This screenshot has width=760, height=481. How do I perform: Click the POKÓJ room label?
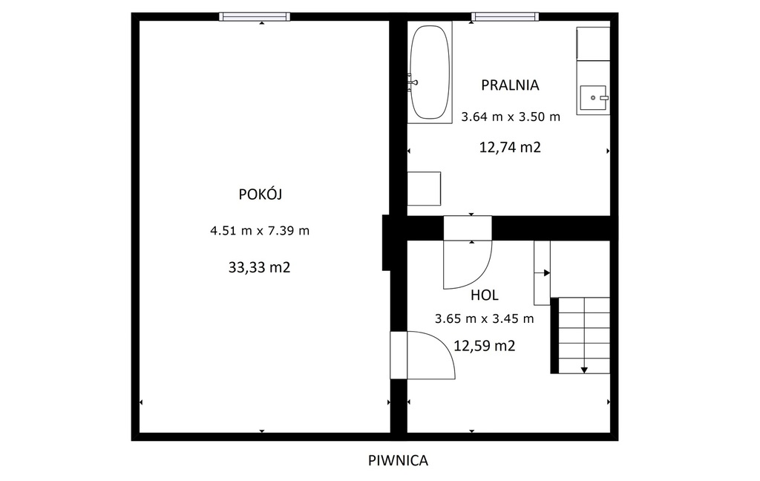click(x=261, y=194)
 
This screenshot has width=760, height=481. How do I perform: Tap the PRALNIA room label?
click(x=510, y=85)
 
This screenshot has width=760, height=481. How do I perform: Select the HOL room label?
click(x=484, y=295)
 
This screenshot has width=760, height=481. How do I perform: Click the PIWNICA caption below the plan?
click(x=398, y=460)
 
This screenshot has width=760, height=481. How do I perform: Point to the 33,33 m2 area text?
click(x=259, y=267)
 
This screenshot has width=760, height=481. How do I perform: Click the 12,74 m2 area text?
click(x=510, y=147)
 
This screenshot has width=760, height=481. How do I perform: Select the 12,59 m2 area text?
click(x=484, y=346)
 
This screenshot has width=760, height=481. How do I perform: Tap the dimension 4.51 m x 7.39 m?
click(x=259, y=230)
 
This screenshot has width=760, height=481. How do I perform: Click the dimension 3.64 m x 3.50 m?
click(x=511, y=117)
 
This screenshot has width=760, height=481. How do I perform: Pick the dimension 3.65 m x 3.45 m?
click(x=484, y=318)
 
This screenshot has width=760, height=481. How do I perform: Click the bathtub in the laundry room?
click(x=430, y=72)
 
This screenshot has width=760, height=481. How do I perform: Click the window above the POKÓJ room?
click(x=255, y=16)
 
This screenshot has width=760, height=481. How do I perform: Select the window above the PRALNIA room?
click(x=505, y=16)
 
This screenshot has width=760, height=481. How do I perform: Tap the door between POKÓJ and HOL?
click(x=422, y=355)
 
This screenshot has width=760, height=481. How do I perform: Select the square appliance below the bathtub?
click(x=424, y=189)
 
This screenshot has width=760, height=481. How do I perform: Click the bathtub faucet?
click(x=413, y=83)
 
